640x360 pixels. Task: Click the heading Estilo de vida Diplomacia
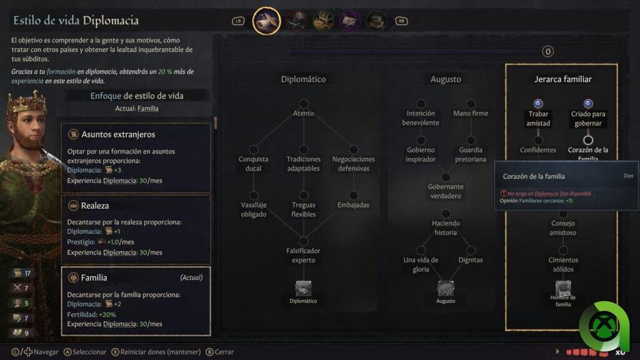coord(76,21)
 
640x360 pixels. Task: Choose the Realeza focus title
coord(95,206)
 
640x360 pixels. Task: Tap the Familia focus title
coord(94,277)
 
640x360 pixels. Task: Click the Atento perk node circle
coord(303,104)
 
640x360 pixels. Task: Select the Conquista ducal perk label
coord(253,164)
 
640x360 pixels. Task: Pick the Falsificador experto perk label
coord(303,255)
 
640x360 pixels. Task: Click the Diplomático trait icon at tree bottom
coord(303,288)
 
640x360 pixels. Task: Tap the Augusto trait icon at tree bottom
coord(446,288)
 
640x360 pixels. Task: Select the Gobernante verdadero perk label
coord(446,191)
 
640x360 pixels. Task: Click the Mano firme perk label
coord(471,114)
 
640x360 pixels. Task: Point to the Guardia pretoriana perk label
coord(471,154)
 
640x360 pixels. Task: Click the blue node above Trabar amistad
coord(538,104)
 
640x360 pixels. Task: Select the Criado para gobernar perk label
coord(588,118)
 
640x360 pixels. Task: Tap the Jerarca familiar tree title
coord(562,79)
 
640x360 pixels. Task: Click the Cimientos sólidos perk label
coord(562,264)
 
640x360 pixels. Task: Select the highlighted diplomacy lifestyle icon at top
coord(266,21)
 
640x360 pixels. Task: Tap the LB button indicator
coord(237,21)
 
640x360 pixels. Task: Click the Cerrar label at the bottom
coord(224,352)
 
